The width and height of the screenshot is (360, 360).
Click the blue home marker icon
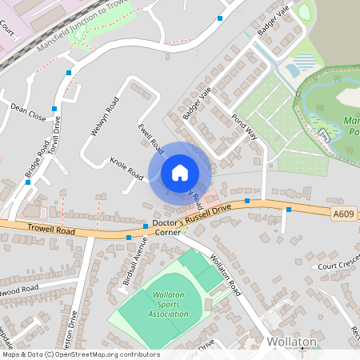click(180, 172)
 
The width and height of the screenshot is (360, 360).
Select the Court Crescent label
click(338, 265)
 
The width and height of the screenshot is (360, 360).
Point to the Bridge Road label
click(37, 162)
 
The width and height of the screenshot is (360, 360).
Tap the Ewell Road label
click(150, 138)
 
